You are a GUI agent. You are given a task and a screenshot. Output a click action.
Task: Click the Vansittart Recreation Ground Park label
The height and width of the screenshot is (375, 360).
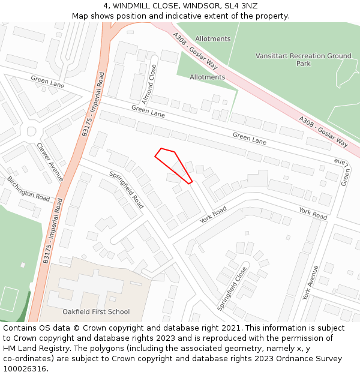pos(303,59)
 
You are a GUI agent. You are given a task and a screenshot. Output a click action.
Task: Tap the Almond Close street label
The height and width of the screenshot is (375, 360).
pos(149,84)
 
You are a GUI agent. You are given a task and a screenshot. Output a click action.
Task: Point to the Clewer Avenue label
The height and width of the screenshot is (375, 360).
pos(49,161)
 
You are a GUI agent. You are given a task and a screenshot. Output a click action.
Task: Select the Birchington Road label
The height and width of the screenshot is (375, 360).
pos(28,188)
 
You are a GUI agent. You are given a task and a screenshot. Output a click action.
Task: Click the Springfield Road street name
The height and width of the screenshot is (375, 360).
pos(126,190)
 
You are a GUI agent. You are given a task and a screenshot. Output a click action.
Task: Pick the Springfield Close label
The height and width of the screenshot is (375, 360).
pos(232,288)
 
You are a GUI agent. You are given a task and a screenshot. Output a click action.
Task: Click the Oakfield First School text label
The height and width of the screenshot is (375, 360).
pos(96,311)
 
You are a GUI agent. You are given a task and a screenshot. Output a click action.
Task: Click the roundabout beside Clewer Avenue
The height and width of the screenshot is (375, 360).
pos(31,131)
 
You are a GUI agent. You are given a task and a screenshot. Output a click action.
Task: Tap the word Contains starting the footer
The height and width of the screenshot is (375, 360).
pos(21,328)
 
